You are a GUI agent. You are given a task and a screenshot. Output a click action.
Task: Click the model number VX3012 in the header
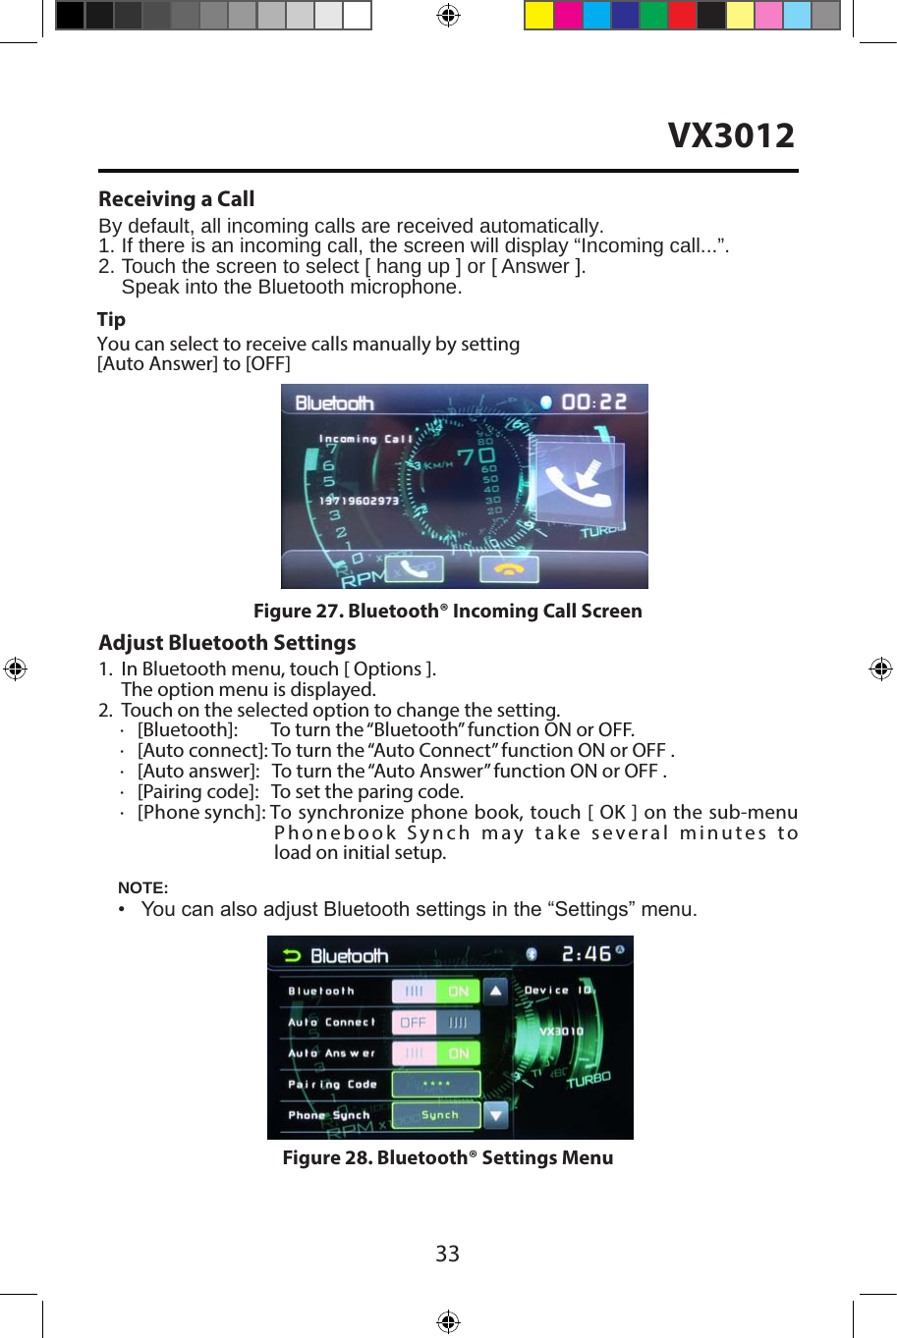click(731, 135)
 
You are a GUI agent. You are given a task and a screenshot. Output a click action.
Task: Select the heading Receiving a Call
click(177, 199)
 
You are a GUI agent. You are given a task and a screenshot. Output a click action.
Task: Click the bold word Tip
click(111, 319)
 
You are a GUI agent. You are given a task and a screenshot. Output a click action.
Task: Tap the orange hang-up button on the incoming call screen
click(508, 568)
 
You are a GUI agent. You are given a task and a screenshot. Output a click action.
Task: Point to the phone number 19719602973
click(359, 501)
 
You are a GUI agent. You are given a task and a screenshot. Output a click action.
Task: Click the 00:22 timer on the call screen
click(593, 401)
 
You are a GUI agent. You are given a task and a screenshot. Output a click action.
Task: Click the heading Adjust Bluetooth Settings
click(227, 643)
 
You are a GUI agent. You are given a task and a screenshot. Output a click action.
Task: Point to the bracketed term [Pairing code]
click(197, 791)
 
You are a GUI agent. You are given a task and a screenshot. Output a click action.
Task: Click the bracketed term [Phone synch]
click(201, 812)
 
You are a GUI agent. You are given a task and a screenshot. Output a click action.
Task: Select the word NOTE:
click(143, 887)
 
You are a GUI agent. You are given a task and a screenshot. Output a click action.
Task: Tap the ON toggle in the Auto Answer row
click(458, 1053)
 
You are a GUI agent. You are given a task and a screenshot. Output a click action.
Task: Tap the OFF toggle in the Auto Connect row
click(414, 1022)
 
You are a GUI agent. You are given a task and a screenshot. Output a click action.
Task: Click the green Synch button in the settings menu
click(438, 1115)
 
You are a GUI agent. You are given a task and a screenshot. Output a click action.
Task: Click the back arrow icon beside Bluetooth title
click(292, 955)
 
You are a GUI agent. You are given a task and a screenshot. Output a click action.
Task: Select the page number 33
click(447, 1254)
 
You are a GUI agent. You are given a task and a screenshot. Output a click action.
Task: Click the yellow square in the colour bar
click(539, 16)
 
